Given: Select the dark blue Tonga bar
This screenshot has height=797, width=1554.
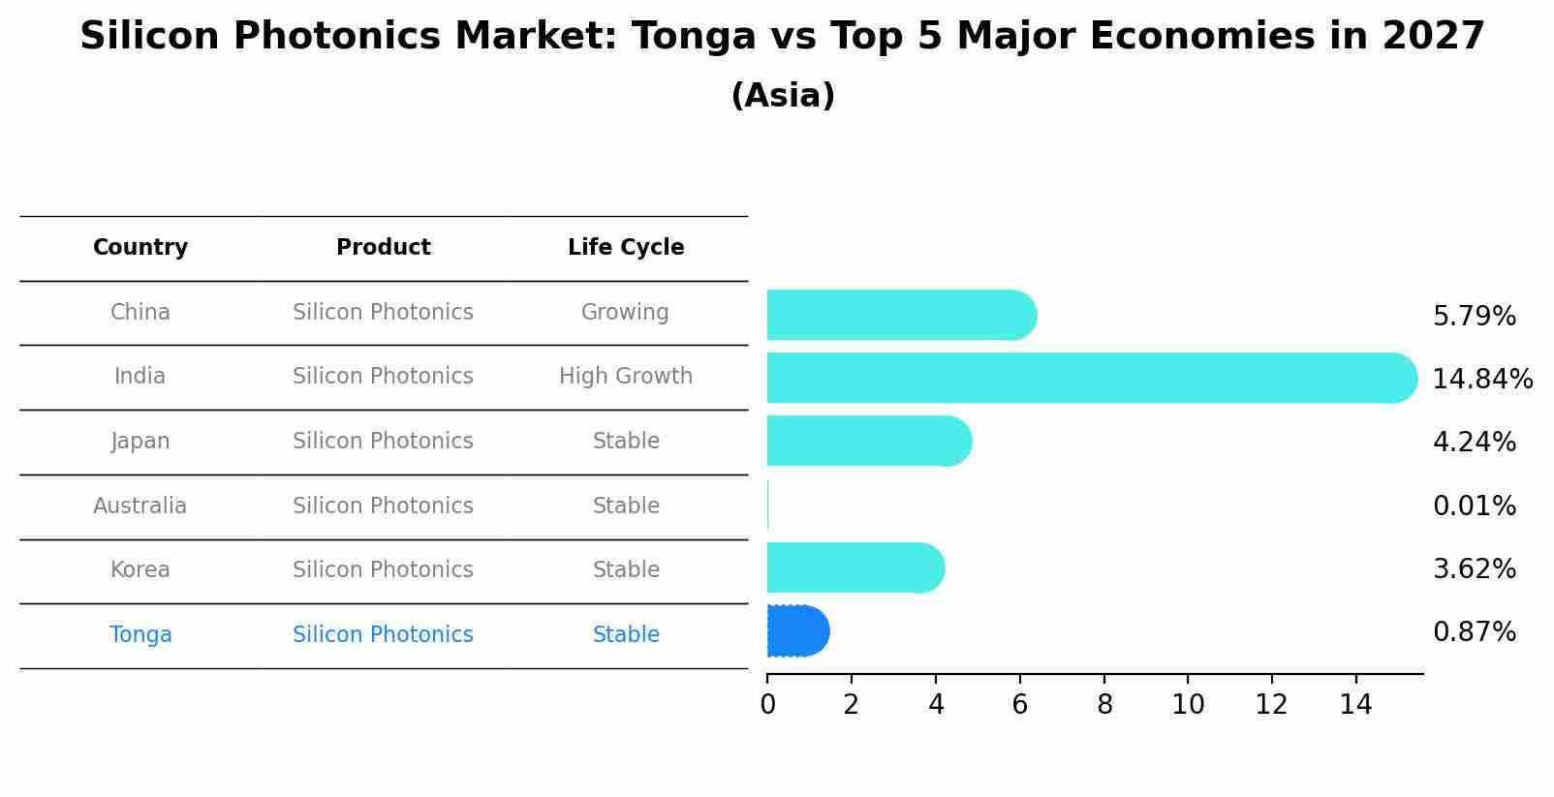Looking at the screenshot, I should coord(796,631).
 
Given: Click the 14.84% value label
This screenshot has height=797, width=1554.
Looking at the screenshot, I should coord(1481,380).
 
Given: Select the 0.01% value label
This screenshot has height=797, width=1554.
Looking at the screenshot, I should coord(1474,506).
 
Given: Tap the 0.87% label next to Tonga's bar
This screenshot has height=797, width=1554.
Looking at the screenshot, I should coord(1474,632).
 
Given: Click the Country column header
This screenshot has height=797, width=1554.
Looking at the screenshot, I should coord(140,248).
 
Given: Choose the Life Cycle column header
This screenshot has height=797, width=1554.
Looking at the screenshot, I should coord(626,248).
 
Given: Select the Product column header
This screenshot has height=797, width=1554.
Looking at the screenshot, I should coord(383,248).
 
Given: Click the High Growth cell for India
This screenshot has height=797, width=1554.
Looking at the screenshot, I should coord(626,377).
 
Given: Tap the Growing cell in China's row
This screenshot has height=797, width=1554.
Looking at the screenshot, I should coord(625,313).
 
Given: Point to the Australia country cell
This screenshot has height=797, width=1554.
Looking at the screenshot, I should coord(140,506).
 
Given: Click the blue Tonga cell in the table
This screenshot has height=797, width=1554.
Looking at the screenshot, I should coord(140,635).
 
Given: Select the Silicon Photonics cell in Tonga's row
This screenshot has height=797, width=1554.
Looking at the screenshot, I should coord(383,635).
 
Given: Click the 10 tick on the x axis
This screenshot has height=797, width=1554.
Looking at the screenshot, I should coord(1188,705).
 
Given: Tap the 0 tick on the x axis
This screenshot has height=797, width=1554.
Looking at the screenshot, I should coord(768,705).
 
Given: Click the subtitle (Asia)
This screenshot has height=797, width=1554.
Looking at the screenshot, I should coord(783,96).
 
